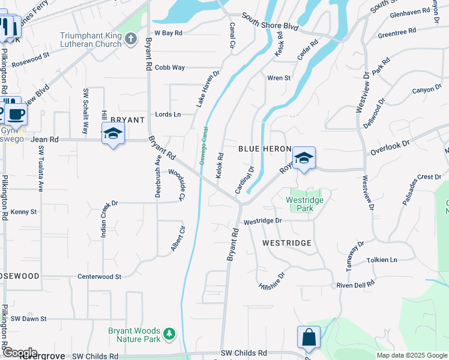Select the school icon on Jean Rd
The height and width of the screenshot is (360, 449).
click(113, 133)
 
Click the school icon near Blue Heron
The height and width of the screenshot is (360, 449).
click(304, 158)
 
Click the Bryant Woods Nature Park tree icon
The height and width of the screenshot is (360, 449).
click(170, 333)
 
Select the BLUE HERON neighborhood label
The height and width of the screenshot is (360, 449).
click(265, 149)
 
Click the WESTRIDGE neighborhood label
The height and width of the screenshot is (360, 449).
click(287, 243)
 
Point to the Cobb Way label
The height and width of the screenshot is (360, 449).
click(169, 68)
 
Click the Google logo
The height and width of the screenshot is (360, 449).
click(19, 353)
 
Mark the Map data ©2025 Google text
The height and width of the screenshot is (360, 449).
click(411, 355)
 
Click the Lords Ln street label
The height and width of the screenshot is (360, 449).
click(168, 114)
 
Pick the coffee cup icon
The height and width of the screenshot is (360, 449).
click(16, 113)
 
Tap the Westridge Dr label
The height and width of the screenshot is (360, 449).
click(262, 221)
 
